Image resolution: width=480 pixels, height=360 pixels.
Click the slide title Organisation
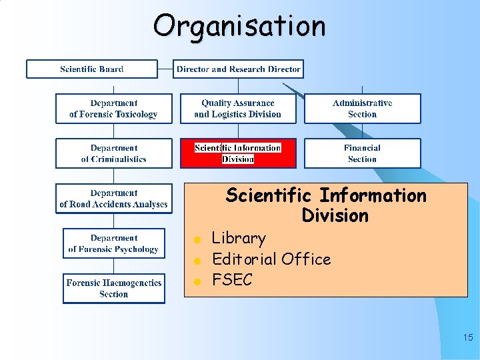tap(239, 27)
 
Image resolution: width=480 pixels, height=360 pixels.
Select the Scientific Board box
tap(92, 69)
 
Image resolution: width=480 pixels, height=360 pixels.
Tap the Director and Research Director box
tap(238, 69)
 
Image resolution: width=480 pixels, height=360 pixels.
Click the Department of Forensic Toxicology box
tap(113, 109)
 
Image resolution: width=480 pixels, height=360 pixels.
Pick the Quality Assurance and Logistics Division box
tap(237, 109)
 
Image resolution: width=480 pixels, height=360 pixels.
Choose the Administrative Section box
tap(363, 109)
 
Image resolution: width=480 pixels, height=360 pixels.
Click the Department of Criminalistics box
tap(113, 153)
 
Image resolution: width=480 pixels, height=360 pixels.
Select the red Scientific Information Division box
tap(237, 153)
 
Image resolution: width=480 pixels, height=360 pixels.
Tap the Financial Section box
tap(363, 153)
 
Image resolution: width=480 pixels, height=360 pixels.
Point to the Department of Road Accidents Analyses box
tap(113, 199)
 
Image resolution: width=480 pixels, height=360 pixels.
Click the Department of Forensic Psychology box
tap(113, 243)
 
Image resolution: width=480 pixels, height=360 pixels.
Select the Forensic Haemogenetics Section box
tap(113, 289)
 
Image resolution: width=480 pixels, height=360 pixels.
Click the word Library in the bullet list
tap(239, 238)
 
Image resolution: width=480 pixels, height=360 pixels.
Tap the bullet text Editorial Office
tap(271, 259)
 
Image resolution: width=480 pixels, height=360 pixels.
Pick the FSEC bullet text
tap(232, 280)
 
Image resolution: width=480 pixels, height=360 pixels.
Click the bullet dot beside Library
tap(197, 239)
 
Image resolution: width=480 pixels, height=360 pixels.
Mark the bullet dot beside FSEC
tap(197, 281)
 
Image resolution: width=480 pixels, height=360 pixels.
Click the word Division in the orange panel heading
tap(335, 216)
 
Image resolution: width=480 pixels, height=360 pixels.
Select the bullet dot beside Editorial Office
tap(197, 260)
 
